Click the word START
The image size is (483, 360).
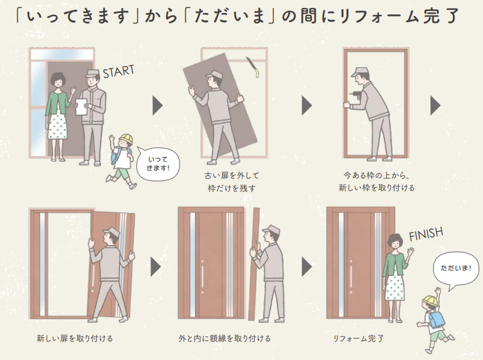pos(118,72)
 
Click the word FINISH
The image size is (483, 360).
pos(426,234)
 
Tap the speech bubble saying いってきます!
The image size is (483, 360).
pos(158,164)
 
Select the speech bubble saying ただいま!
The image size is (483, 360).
pos(456,269)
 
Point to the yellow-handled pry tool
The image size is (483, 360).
pos(252,67)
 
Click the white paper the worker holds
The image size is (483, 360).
pos(82,107)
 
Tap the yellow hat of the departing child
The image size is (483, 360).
pos(126,139)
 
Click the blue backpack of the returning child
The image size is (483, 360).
pos(436,317)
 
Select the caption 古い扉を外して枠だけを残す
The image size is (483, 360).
pos(232,182)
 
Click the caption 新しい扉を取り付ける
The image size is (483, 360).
pos(75,338)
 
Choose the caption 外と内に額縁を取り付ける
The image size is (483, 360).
pos(225,338)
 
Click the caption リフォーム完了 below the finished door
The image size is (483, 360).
pos(358,338)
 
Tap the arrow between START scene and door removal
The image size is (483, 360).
pos(157,106)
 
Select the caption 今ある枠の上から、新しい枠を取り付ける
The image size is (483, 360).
pos(376,182)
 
